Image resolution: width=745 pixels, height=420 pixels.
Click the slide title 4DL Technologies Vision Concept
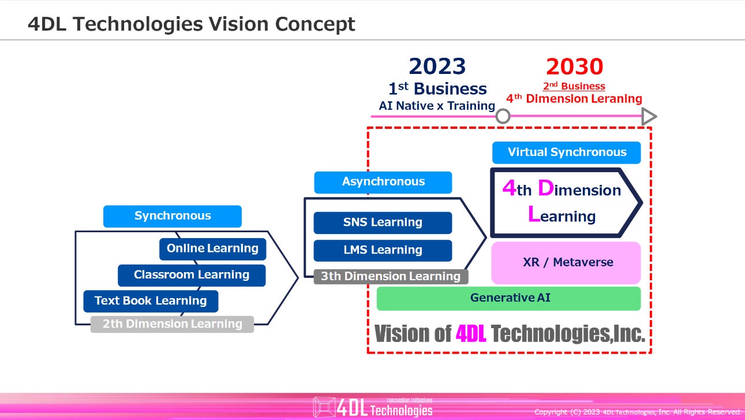[x=191, y=24]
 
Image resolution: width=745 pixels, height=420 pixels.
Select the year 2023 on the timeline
[x=437, y=67]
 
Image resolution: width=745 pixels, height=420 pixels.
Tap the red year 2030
[x=574, y=67]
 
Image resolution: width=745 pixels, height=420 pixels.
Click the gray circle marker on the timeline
[x=503, y=116]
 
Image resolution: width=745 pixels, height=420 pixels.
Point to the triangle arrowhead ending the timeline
[x=649, y=116]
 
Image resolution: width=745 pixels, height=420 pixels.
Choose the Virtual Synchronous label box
[x=566, y=153]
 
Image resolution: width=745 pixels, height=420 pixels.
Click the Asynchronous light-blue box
[x=383, y=182]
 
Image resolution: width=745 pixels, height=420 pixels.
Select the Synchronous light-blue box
[x=172, y=216]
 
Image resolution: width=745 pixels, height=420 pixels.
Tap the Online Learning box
[x=212, y=249]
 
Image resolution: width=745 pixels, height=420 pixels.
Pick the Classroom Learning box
[x=192, y=275]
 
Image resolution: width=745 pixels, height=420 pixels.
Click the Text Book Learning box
[x=151, y=301]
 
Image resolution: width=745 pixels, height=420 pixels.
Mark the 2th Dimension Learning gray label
[x=172, y=324]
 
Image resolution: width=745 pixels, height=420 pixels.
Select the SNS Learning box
[x=383, y=222]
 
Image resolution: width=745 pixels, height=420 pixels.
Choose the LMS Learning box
[x=383, y=250]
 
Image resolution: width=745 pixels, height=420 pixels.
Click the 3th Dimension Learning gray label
[x=391, y=277]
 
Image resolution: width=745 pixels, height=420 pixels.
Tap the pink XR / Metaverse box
[x=566, y=262]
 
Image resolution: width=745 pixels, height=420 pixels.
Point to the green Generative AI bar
[x=508, y=298]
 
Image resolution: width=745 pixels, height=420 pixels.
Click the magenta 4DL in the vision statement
[x=471, y=333]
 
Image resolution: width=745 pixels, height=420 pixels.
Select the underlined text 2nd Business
[x=574, y=87]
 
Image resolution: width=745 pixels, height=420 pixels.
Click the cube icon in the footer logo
[x=323, y=407]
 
